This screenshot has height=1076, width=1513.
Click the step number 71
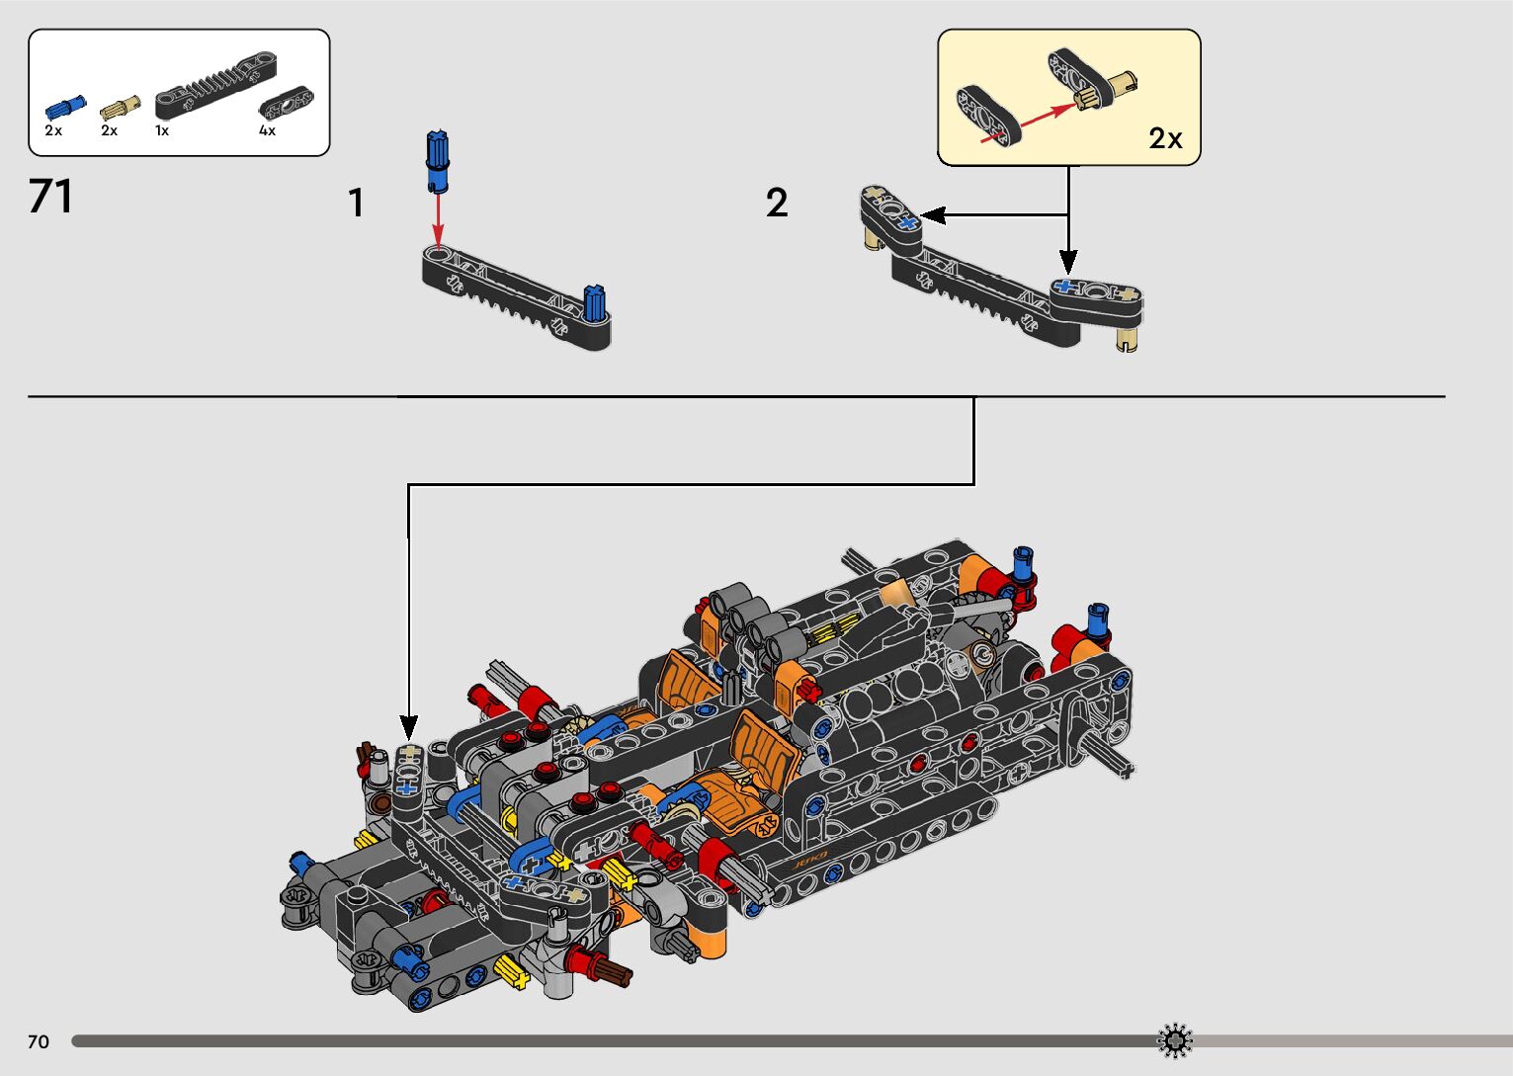(51, 196)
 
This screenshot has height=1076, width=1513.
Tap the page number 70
(39, 1041)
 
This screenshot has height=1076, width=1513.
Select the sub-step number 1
(356, 204)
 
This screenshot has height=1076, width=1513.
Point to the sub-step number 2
(777, 204)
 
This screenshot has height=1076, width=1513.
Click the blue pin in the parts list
(64, 106)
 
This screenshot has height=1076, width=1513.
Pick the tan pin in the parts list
(121, 104)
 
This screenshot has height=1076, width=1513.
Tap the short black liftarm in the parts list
(286, 102)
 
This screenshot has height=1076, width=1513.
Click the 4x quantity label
(267, 130)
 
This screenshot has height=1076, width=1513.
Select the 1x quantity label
(162, 130)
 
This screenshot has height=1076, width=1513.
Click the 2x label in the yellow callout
(1165, 138)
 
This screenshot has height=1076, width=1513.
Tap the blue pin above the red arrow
(438, 159)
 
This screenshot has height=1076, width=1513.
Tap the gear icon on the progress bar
(1174, 1040)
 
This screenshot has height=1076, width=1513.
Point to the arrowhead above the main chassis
(408, 728)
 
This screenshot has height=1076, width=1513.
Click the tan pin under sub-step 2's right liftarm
(1126, 340)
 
